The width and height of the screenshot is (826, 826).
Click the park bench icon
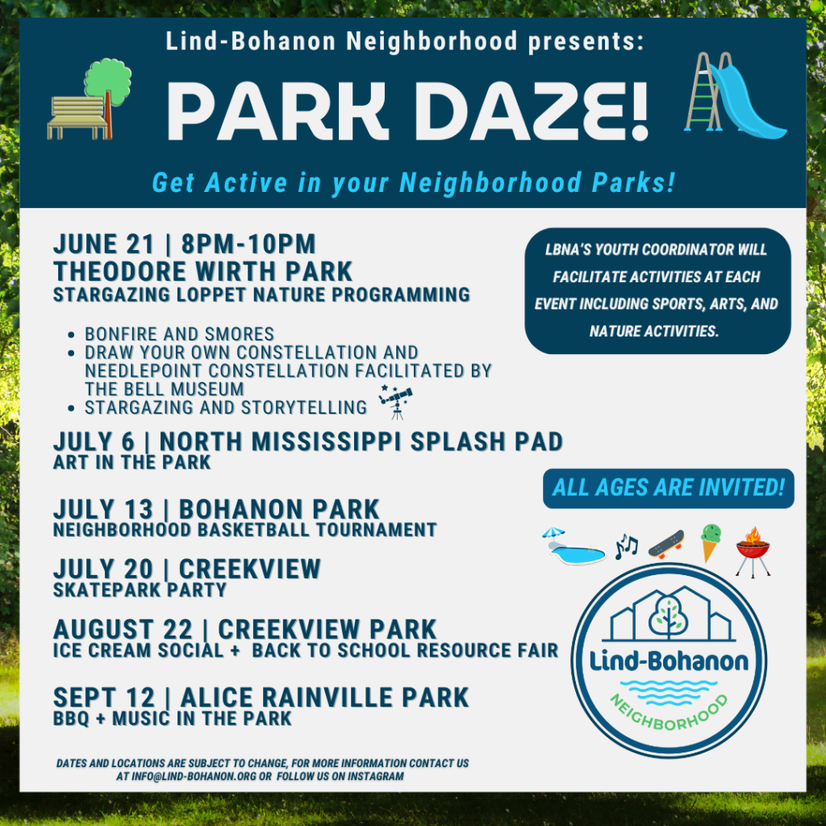[x=78, y=118]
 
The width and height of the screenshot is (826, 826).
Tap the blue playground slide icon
[x=748, y=100]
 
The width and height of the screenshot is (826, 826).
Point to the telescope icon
[x=395, y=402]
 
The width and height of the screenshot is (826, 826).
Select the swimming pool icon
[x=574, y=547]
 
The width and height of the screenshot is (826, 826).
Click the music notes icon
[x=626, y=546]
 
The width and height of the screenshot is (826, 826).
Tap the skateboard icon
[x=666, y=544]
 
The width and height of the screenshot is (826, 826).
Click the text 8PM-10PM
[x=248, y=244]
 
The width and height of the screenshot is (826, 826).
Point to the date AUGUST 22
[x=123, y=629]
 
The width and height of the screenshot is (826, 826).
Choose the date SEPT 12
[x=104, y=698]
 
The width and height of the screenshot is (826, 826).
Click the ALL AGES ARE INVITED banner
[x=669, y=488]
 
